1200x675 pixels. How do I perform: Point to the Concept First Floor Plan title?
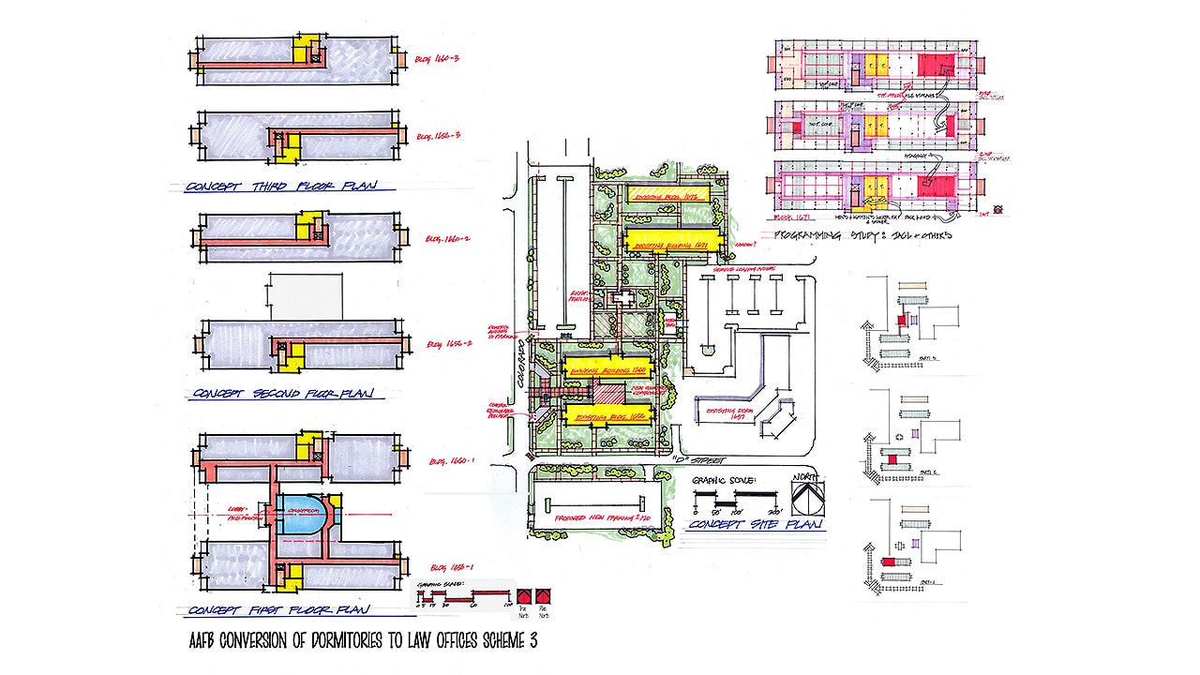278,609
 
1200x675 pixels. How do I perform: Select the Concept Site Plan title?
756,525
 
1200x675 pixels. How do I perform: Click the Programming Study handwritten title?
858,234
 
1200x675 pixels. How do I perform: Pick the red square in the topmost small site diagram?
902,320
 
